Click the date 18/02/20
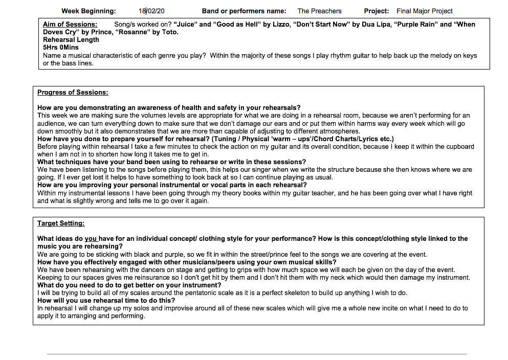click(151, 11)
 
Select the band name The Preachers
click(319, 11)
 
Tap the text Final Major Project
click(425, 11)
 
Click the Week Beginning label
click(89, 11)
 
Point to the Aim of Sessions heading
click(70, 25)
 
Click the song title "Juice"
click(185, 25)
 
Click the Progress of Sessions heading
click(73, 93)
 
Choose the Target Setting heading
click(61, 223)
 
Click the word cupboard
click(458, 147)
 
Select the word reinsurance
click(130, 278)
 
